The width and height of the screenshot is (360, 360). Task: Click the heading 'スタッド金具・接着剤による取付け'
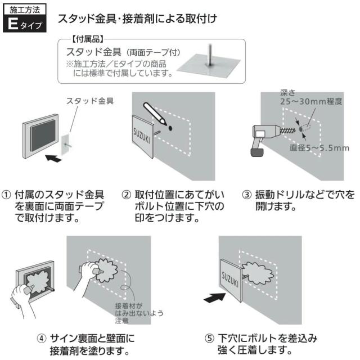click(x=138, y=19)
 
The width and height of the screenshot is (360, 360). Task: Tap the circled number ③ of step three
click(x=246, y=195)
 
